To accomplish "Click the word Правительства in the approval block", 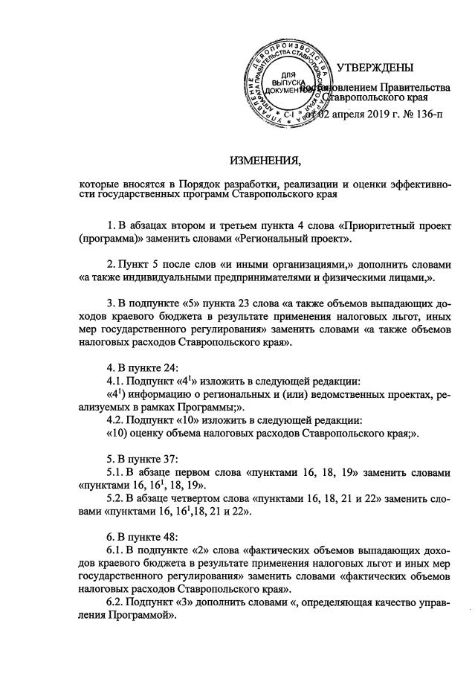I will click(413, 88).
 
